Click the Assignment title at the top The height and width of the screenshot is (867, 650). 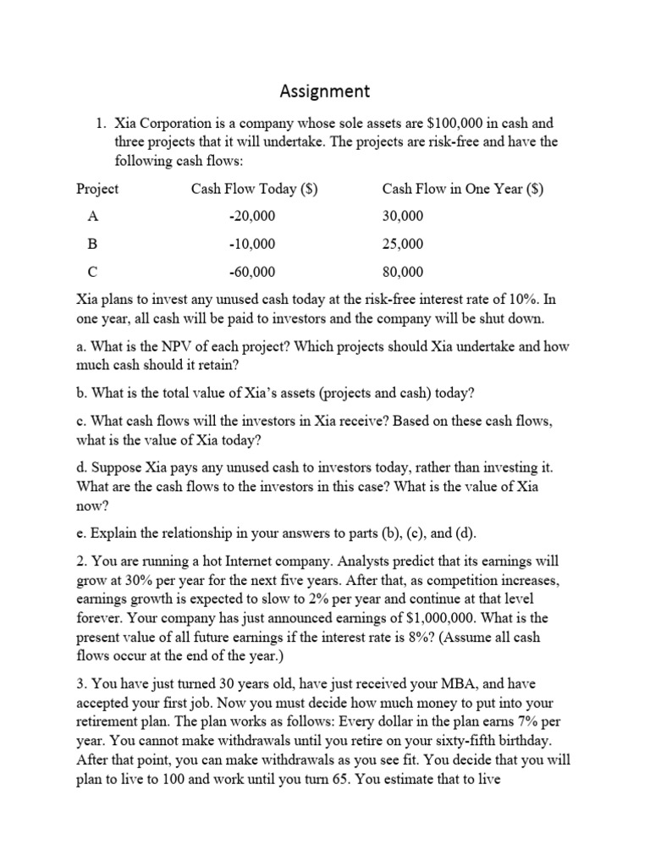coord(325,90)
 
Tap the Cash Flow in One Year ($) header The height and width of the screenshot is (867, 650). coord(462,189)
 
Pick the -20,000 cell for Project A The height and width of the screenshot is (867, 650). coord(252,217)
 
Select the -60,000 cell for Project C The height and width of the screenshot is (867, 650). coord(252,272)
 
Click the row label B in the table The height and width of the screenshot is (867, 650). coord(92,244)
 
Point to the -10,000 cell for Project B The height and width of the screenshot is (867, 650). coord(252,244)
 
